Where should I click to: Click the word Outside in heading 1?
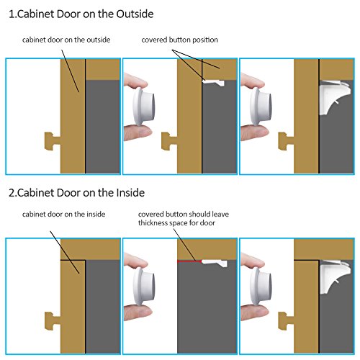tap(135, 14)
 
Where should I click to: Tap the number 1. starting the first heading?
tap(13, 14)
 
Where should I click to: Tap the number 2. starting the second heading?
tap(13, 193)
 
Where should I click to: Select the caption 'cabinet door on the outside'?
tap(66, 40)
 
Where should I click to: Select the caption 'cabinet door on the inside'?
tap(64, 214)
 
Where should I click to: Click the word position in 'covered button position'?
tap(205, 40)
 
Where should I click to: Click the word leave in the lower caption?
tap(220, 214)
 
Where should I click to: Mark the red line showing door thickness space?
tap(189, 261)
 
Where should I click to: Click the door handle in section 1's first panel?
tap(53, 141)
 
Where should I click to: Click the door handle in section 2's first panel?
tap(53, 321)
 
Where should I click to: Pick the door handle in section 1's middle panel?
tap(169, 141)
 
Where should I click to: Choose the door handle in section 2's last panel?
tap(286, 321)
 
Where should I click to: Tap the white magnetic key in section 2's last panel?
tap(261, 287)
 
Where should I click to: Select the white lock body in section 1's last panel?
tap(334, 97)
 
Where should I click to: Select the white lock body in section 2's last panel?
tap(334, 277)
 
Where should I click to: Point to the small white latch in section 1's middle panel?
tap(213, 83)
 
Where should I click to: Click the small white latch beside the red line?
tap(215, 263)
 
